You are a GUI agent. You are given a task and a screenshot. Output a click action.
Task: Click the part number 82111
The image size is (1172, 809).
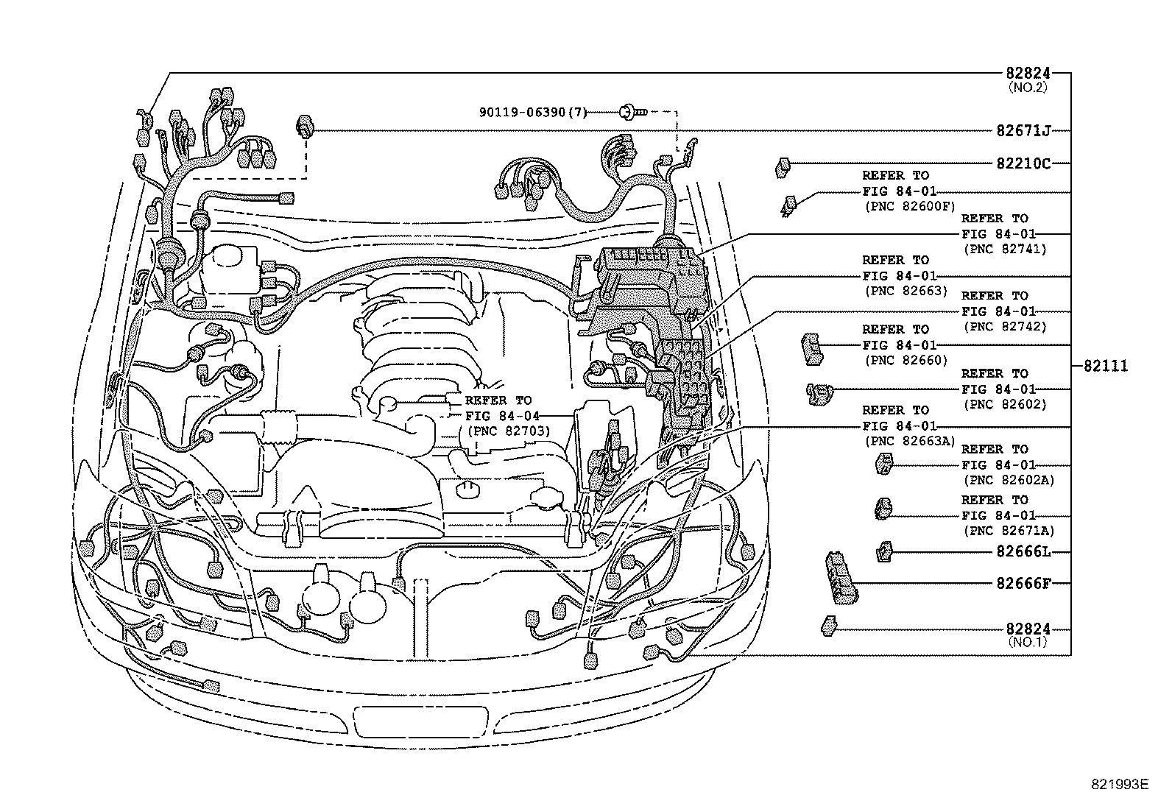(x=1105, y=366)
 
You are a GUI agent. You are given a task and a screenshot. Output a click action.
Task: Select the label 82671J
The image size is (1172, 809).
(x=1023, y=131)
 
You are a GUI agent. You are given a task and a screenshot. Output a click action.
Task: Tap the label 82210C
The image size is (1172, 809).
(x=1023, y=163)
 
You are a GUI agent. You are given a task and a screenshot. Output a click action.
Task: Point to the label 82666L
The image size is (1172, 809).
(x=1023, y=551)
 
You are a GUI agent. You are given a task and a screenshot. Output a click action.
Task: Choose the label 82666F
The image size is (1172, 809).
(x=1023, y=583)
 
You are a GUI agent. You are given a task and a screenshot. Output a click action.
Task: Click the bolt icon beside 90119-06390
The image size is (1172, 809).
(x=632, y=112)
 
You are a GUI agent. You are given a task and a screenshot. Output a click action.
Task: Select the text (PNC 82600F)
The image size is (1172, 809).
(x=908, y=206)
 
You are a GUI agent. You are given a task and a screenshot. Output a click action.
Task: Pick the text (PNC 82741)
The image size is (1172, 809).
(x=1004, y=249)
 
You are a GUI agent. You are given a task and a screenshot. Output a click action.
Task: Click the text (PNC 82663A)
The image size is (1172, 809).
(x=908, y=441)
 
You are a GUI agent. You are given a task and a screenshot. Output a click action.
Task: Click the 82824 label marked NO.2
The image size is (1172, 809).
(x=1028, y=74)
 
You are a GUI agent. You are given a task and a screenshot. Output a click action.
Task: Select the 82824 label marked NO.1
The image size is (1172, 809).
(x=1028, y=629)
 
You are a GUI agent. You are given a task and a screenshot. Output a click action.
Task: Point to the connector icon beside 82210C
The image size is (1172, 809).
(x=783, y=167)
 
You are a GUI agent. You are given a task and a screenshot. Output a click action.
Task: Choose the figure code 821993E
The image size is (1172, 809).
(x=1119, y=784)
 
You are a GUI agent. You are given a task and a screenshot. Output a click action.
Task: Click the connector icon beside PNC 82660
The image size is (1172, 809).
(x=811, y=347)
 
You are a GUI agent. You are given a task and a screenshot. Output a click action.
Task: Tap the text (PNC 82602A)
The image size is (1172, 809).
(x=1008, y=480)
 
